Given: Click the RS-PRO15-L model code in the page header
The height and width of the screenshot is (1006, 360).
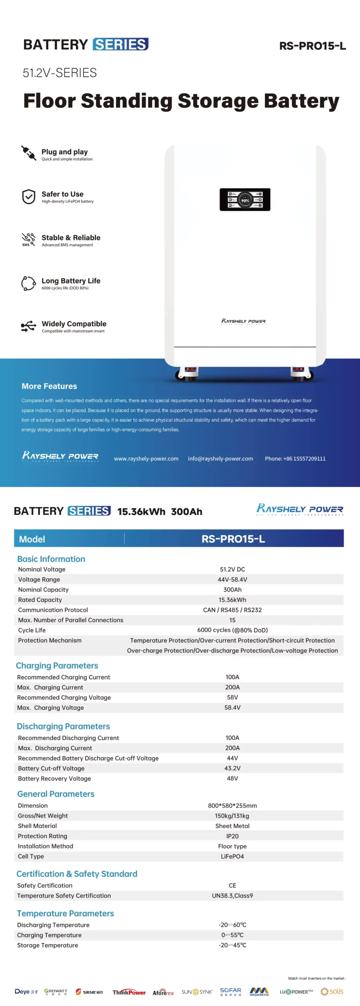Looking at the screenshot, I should tap(312, 46).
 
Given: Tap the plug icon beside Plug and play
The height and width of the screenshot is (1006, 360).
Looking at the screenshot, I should tap(28, 153).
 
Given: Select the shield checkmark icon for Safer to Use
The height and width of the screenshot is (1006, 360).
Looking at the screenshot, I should tap(28, 196).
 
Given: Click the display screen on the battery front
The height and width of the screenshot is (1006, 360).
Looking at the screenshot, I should tap(244, 200).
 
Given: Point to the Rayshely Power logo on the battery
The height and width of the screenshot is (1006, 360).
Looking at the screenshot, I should tap(243, 321).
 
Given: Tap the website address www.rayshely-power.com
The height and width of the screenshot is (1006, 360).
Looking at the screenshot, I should tap(146, 459).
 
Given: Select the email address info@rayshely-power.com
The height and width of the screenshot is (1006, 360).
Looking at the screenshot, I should tap(220, 459).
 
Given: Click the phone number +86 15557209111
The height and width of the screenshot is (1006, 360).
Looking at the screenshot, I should tap(295, 459).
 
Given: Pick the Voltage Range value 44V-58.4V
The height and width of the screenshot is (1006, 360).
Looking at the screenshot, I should tap(232, 580).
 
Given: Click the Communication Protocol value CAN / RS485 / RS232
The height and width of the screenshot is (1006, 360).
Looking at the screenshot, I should tap(232, 610).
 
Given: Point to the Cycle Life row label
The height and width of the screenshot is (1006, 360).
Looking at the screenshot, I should tap(32, 630).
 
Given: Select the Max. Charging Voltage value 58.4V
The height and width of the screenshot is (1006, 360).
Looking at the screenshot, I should tap(232, 708).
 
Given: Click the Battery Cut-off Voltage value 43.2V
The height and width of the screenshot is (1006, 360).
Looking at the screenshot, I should tap(232, 768).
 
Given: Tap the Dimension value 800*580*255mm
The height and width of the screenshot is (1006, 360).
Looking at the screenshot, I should tap(232, 806).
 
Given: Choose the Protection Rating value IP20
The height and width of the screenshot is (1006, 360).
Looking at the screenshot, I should tap(232, 836).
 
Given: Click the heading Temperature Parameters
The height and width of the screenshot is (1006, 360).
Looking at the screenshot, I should tap(65, 914).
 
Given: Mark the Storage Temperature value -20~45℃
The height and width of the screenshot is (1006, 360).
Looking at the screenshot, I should tap(232, 945).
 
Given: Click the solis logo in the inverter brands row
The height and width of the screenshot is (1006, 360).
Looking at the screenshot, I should tap(332, 991).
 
